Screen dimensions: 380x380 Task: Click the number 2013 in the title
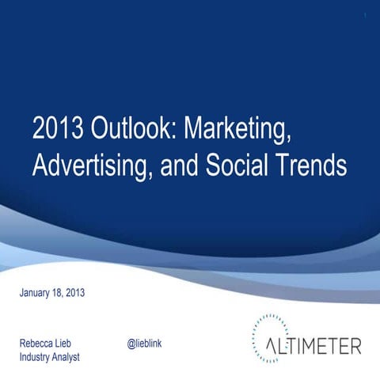(59, 127)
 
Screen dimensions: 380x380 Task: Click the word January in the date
(36, 293)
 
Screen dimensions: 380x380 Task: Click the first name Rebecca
(38, 343)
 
